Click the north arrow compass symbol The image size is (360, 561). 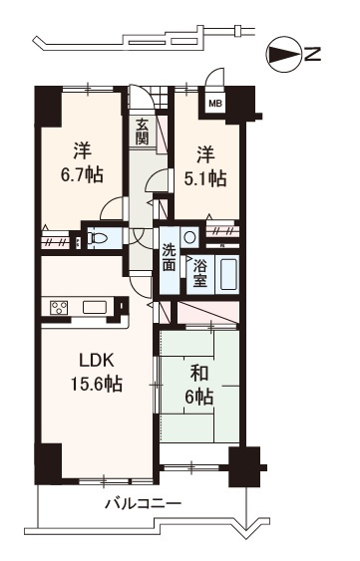pyautogui.click(x=286, y=55)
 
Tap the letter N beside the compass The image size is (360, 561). pyautogui.click(x=313, y=55)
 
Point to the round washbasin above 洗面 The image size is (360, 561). pyautogui.click(x=188, y=237)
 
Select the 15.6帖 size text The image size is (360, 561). pyautogui.click(x=95, y=384)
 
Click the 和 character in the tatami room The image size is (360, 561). pyautogui.click(x=198, y=373)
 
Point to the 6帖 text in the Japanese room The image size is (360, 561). pyautogui.click(x=199, y=397)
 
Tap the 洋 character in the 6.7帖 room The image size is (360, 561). pyautogui.click(x=82, y=152)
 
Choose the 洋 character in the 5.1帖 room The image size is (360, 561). pyautogui.click(x=204, y=154)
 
